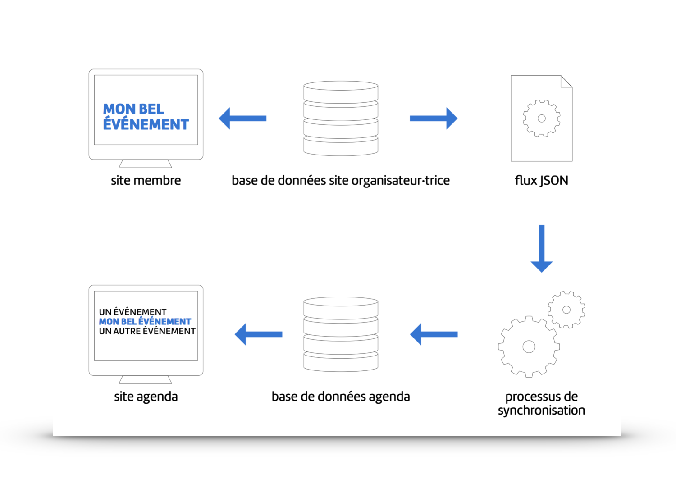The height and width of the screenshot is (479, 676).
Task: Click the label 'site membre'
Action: click(x=146, y=181)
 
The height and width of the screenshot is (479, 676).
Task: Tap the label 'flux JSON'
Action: click(x=541, y=181)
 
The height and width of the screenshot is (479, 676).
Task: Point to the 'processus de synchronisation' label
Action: click(x=541, y=404)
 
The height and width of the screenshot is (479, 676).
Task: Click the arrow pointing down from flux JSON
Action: click(x=541, y=248)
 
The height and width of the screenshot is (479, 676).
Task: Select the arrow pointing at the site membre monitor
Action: click(x=242, y=119)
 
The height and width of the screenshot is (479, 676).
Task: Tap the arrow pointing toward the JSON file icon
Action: click(x=434, y=119)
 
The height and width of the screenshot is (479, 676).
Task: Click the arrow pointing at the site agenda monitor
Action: click(x=258, y=334)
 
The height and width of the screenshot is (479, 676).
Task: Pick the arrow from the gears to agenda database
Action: click(x=434, y=334)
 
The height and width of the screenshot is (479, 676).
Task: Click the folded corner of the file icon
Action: click(x=566, y=82)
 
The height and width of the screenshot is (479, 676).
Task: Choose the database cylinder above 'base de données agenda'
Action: click(x=341, y=334)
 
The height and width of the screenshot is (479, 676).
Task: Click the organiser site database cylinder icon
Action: click(x=341, y=119)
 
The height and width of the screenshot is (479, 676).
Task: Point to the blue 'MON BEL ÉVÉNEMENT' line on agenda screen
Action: click(x=145, y=321)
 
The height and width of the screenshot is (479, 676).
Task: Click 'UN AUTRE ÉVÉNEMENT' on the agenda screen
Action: click(x=147, y=331)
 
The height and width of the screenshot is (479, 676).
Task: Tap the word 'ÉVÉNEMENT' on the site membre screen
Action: click(x=146, y=124)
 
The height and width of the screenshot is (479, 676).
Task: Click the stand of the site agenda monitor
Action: click(x=146, y=379)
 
